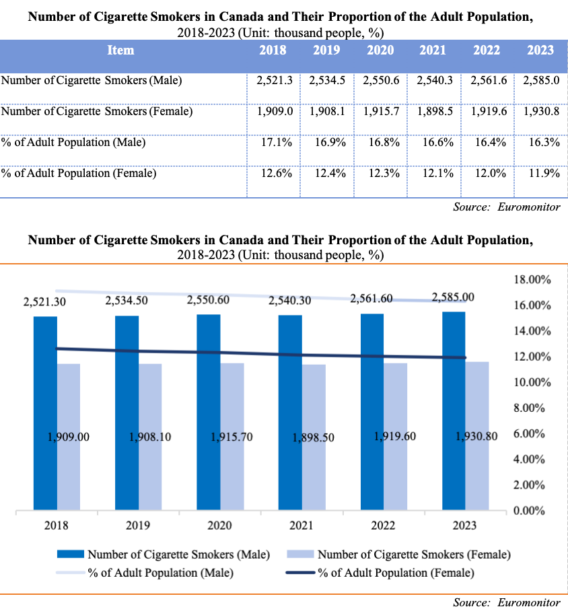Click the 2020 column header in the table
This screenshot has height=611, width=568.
(x=380, y=50)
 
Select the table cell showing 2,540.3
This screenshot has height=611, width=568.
(x=434, y=81)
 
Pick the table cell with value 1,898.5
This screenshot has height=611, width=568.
(x=434, y=112)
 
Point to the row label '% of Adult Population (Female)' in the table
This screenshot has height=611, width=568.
(x=79, y=174)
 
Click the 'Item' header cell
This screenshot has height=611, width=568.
(x=121, y=50)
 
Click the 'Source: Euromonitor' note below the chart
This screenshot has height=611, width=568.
(x=506, y=602)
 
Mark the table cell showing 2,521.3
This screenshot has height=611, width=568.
(x=274, y=81)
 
